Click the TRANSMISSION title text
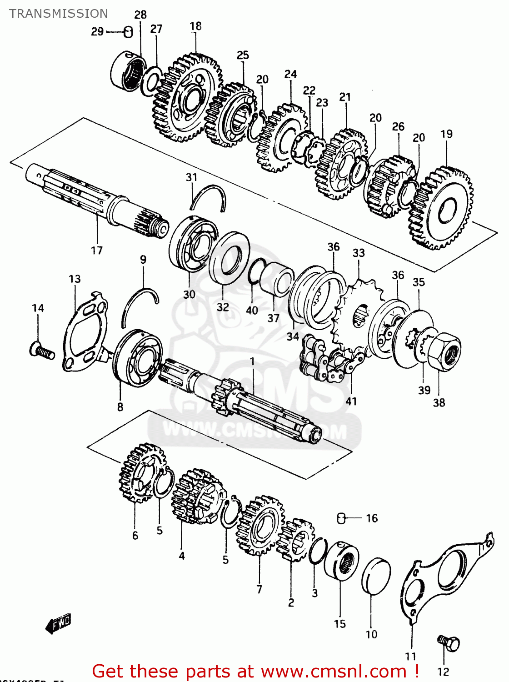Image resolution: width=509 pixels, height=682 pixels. pyautogui.click(x=59, y=14)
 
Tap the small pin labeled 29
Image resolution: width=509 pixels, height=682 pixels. pyautogui.click(x=128, y=32)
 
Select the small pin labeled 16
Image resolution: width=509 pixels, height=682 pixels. pyautogui.click(x=342, y=518)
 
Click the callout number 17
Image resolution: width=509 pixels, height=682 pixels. pyautogui.click(x=97, y=250)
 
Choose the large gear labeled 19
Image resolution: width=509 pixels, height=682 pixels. pyautogui.click(x=443, y=209)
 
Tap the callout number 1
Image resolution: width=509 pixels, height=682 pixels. pyautogui.click(x=252, y=361)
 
